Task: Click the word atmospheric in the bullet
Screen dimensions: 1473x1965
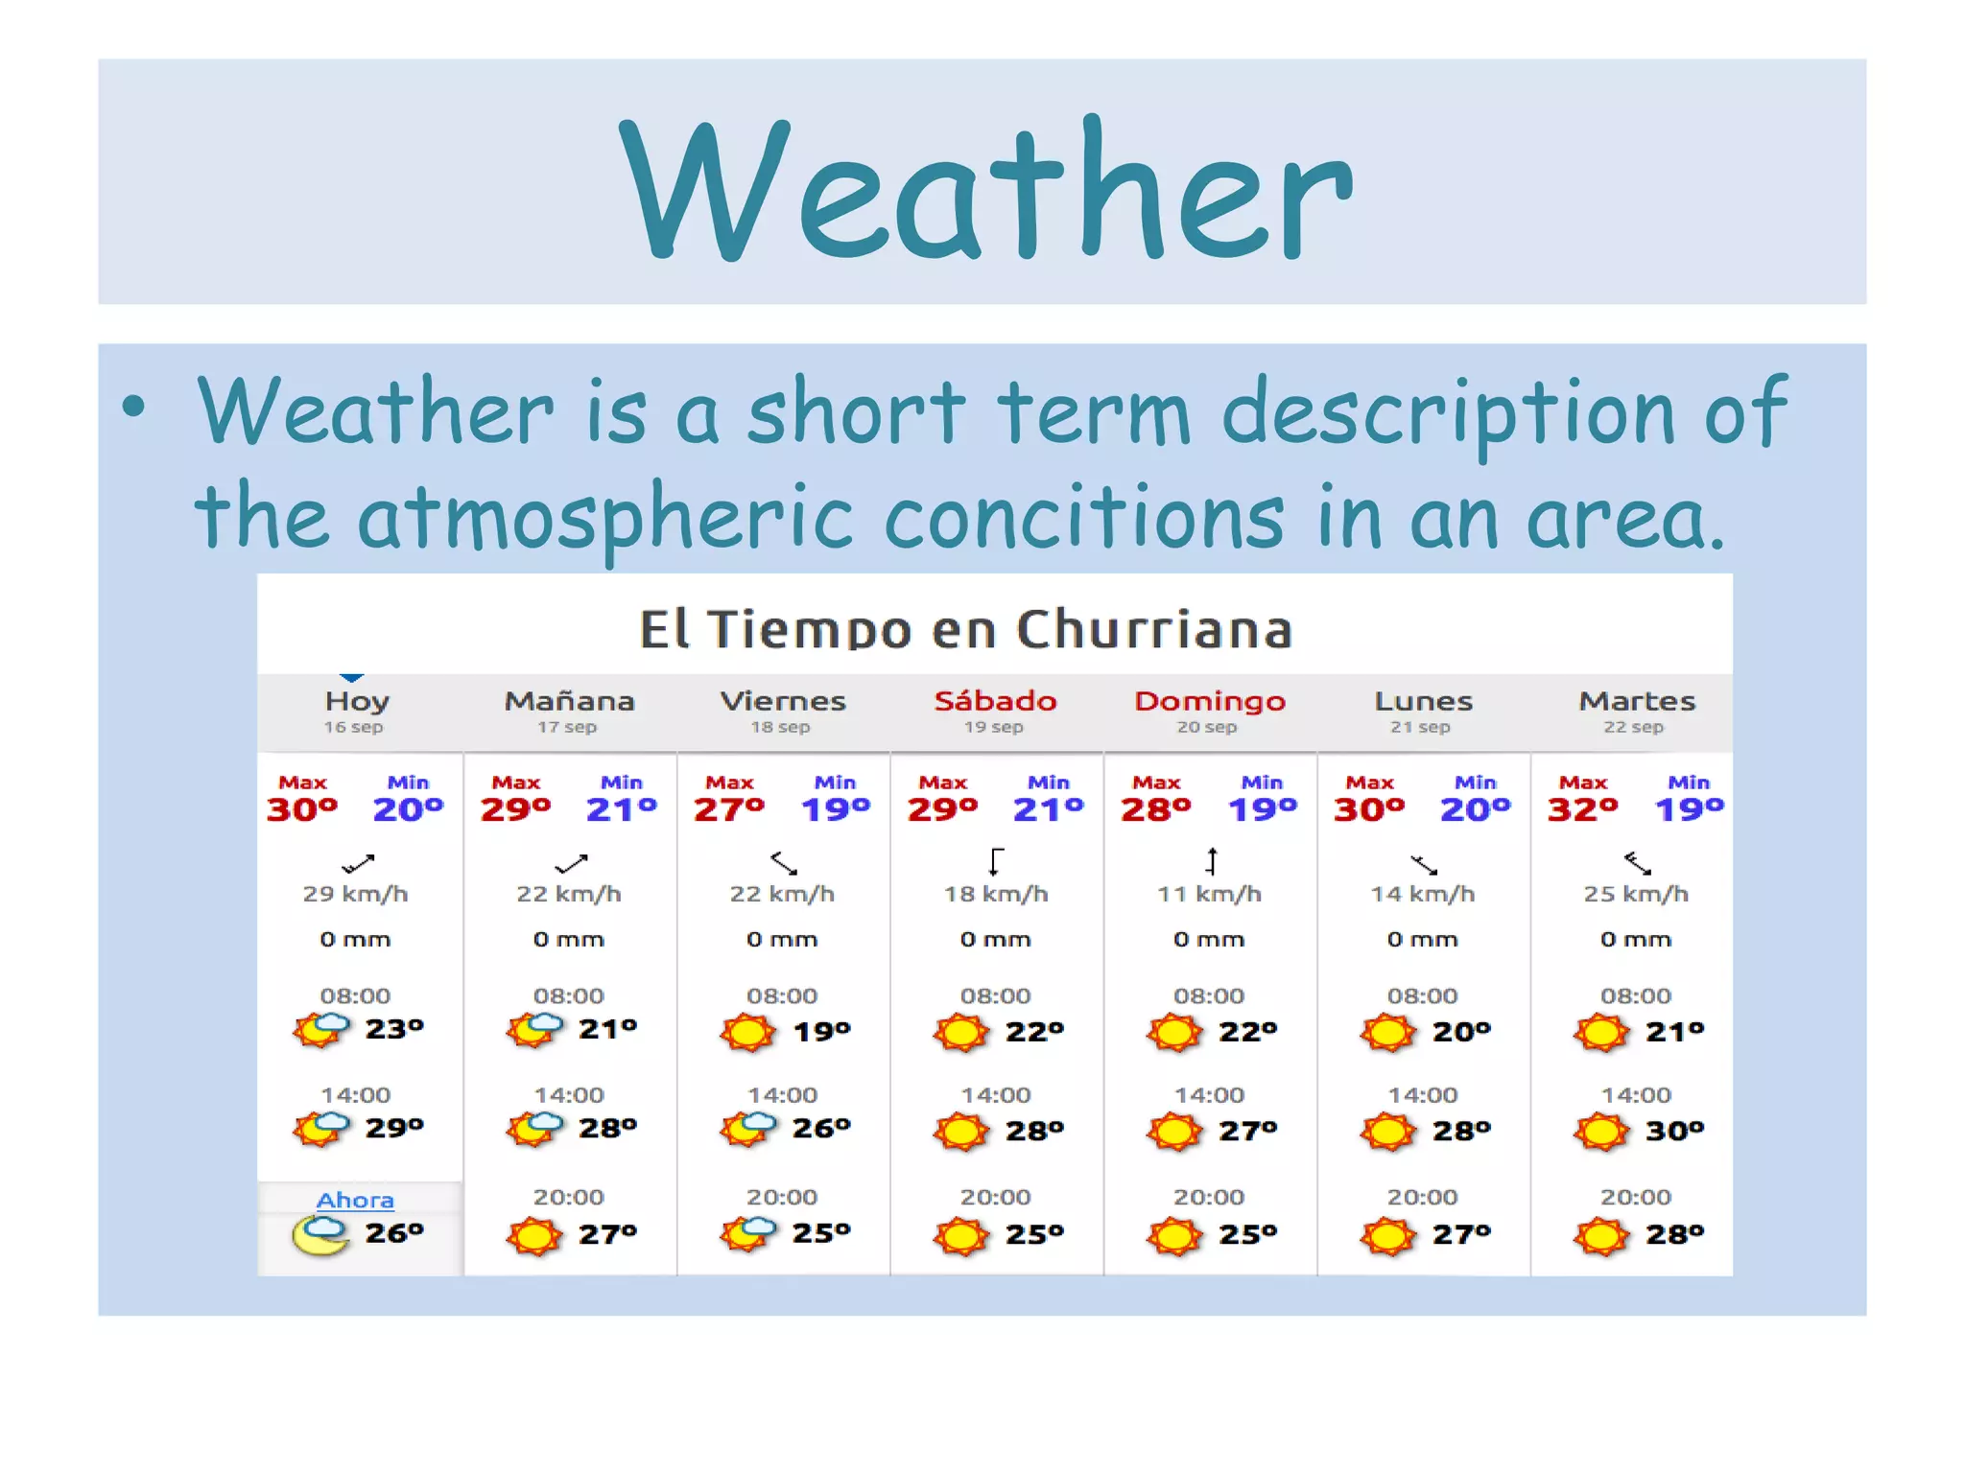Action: [x=604, y=518]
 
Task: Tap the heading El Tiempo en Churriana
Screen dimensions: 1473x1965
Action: [x=965, y=629]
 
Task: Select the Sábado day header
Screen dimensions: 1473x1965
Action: [x=995, y=701]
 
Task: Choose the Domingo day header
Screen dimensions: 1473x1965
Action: [x=1209, y=701]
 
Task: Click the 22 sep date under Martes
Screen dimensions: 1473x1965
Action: [x=1633, y=727]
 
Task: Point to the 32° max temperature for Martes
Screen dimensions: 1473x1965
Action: [x=1582, y=809]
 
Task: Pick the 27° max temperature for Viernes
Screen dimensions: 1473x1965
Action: [x=729, y=809]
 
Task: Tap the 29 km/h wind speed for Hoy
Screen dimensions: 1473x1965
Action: [x=355, y=894]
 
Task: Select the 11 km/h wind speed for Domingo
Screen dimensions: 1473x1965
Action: [x=1209, y=894]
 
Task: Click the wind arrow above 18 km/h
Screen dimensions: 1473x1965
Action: [x=996, y=861]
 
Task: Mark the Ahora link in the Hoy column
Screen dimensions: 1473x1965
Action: [x=355, y=1201]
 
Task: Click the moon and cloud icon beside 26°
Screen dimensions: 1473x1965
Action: [x=320, y=1234]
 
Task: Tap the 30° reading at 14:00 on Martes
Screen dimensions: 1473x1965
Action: [x=1674, y=1131]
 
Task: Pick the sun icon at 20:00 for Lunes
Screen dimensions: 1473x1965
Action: [x=1387, y=1235]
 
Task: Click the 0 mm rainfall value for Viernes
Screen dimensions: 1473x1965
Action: [x=782, y=940]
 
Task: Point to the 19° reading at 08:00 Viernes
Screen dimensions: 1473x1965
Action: [x=822, y=1032]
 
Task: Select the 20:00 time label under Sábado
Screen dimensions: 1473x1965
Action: [x=995, y=1197]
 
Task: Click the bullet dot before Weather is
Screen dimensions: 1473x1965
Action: [x=134, y=407]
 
